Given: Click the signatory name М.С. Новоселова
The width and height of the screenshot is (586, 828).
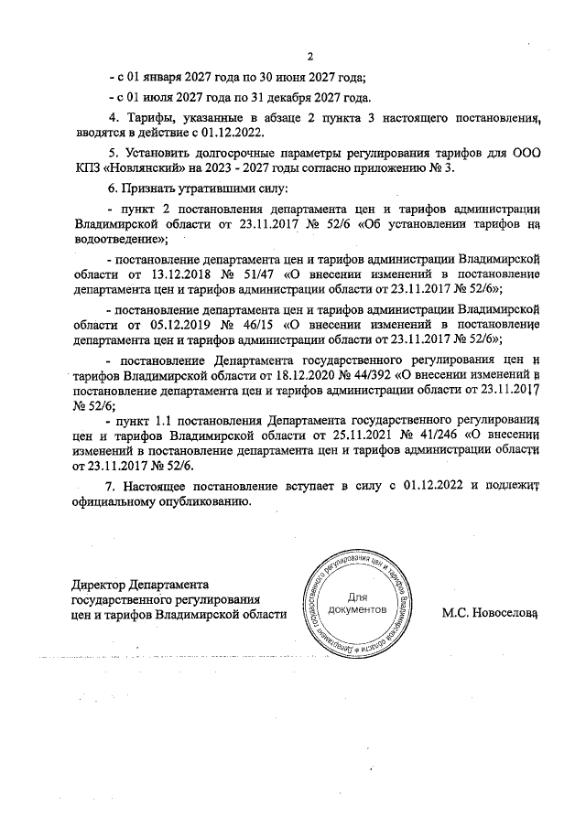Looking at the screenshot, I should click(488, 616).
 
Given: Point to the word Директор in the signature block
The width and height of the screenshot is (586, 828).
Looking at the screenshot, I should click(99, 584).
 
